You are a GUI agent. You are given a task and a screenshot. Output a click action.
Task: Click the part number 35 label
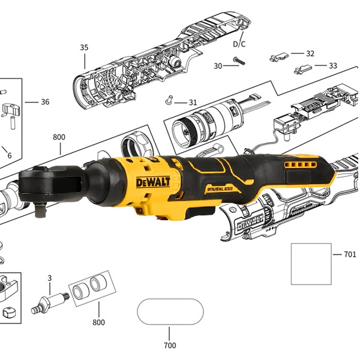point(84,47)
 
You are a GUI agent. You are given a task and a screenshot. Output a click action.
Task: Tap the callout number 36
point(45,102)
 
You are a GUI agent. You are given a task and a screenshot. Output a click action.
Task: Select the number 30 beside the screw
point(218,66)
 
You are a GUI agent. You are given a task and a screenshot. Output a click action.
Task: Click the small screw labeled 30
point(239,61)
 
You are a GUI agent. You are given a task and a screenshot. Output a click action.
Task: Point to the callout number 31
point(193,103)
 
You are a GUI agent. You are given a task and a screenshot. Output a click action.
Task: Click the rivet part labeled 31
point(169,100)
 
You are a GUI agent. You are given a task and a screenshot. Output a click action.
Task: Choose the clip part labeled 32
point(279,57)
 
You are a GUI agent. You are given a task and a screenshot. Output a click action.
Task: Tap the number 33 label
point(333,65)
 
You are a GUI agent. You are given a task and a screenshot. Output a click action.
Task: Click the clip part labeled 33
point(303,69)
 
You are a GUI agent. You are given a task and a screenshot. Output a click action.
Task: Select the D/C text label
point(239,44)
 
